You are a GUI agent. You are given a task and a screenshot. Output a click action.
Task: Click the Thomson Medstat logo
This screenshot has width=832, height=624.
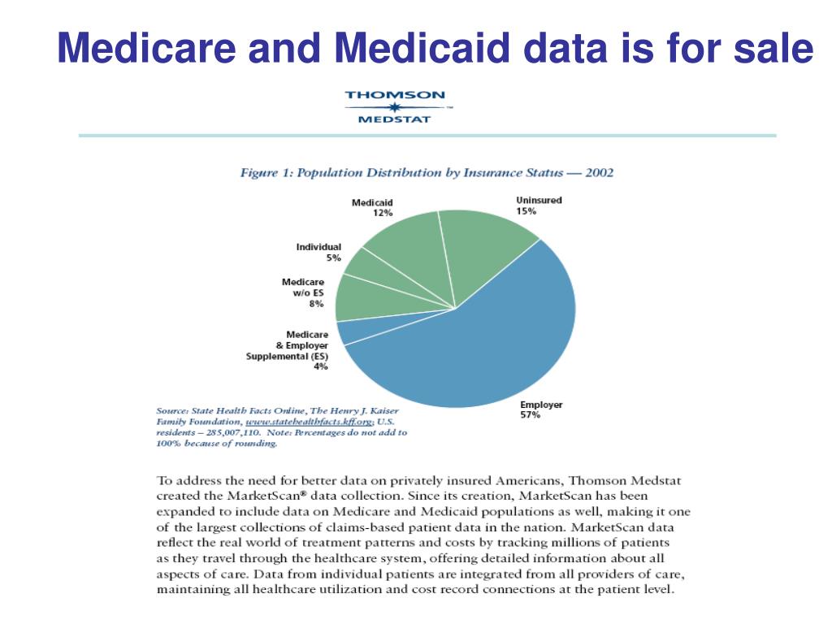pyautogui.click(x=396, y=107)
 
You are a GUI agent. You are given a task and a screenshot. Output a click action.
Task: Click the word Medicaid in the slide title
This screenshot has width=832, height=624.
pyautogui.click(x=422, y=48)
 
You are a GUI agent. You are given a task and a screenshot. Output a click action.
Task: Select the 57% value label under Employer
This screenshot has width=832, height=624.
pyautogui.click(x=530, y=415)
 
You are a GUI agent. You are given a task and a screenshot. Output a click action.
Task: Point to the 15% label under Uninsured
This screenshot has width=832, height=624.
pyautogui.click(x=526, y=211)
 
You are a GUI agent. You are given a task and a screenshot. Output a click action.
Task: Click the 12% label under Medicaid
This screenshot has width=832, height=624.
pyautogui.click(x=383, y=214)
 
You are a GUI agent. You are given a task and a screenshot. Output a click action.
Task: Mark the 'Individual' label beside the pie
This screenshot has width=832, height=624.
pyautogui.click(x=318, y=247)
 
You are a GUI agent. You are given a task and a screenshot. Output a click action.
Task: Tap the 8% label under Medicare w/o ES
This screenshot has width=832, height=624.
pyautogui.click(x=316, y=304)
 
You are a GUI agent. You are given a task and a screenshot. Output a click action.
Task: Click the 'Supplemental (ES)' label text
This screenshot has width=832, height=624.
pyautogui.click(x=287, y=357)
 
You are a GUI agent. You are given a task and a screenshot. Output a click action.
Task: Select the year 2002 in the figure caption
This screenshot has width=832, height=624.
pyautogui.click(x=600, y=173)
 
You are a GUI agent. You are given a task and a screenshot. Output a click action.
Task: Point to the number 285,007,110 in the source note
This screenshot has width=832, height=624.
pyautogui.click(x=232, y=433)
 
